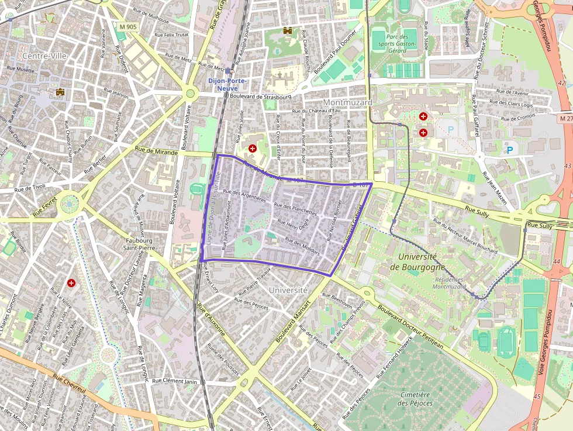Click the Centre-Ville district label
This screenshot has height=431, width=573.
tap(43, 56)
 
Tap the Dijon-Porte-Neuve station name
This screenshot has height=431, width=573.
tap(227, 84)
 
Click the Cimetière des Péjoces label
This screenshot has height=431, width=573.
tap(415, 399)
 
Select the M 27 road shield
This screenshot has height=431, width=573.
tap(565, 118)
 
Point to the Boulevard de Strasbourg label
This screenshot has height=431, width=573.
tap(261, 96)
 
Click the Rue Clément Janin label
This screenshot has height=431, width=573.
tap(174, 381)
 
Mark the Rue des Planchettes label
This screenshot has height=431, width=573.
tap(295, 209)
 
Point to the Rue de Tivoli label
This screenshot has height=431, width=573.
tap(30, 188)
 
